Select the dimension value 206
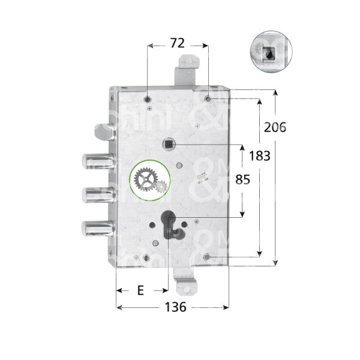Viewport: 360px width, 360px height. tap(275, 127)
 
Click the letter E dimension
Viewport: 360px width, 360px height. tap(140, 290)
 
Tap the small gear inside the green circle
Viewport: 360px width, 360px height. tap(160, 187)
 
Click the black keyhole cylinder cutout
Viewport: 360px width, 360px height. tap(169, 221)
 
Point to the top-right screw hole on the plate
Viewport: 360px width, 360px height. tap(208, 99)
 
